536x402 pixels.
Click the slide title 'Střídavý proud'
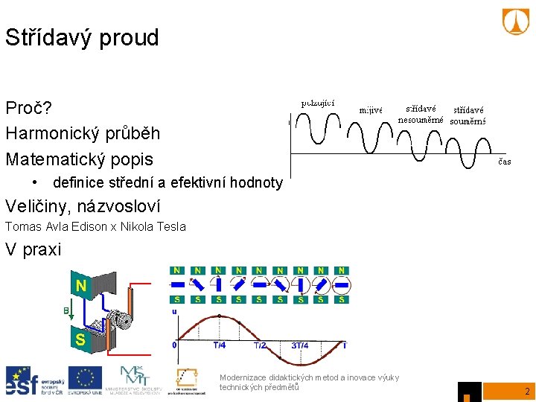pyautogui.click(x=82, y=38)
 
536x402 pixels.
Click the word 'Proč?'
pyautogui.click(x=28, y=109)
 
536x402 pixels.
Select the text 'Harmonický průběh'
pyautogui.click(x=82, y=134)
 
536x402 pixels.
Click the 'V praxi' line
pyautogui.click(x=33, y=249)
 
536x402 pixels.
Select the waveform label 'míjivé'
pyautogui.click(x=370, y=109)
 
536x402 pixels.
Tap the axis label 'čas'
pyautogui.click(x=504, y=161)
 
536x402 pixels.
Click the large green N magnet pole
pyautogui.click(x=80, y=285)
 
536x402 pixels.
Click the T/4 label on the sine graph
pyautogui.click(x=220, y=345)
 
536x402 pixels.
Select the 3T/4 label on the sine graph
pyautogui.click(x=301, y=345)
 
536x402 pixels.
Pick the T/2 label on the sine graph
pyautogui.click(x=260, y=345)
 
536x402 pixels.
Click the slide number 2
pyautogui.click(x=526, y=391)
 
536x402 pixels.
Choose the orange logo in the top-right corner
pyautogui.click(x=516, y=22)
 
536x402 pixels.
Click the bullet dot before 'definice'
pyautogui.click(x=35, y=182)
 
